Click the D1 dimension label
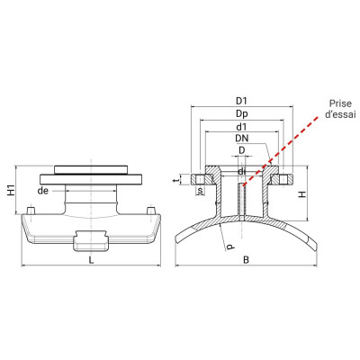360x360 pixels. [x=241, y=99]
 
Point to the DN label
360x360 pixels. [x=241, y=139]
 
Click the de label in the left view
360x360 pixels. [x=67, y=191]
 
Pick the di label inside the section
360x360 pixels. [x=241, y=171]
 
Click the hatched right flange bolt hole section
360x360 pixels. [x=281, y=178]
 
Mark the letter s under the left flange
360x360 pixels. [x=200, y=191]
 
